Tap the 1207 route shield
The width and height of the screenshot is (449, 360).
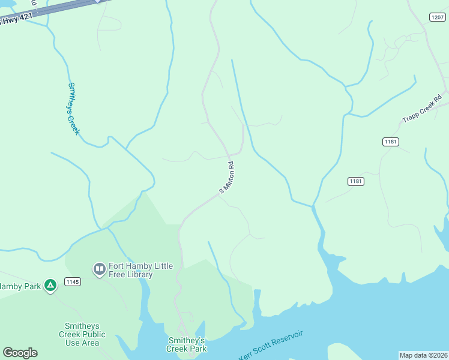coord(437,17)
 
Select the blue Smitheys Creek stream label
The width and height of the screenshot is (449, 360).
coord(73,109)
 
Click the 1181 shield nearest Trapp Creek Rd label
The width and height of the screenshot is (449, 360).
coord(390,141)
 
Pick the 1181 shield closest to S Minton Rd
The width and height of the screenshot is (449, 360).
coord(356,181)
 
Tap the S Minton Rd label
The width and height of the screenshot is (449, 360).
coord(226,177)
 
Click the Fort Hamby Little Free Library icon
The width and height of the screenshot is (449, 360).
coord(99,269)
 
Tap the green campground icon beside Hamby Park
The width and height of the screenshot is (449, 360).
coord(51,286)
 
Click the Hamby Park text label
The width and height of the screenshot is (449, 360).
coord(20,286)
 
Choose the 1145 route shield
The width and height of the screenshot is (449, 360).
coord(73,281)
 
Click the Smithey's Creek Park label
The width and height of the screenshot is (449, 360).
coord(186,344)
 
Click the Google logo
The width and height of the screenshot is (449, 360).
coord(20,353)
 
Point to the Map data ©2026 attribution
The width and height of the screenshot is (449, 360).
coord(423,355)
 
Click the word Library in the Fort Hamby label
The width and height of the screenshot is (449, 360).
coord(139,275)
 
